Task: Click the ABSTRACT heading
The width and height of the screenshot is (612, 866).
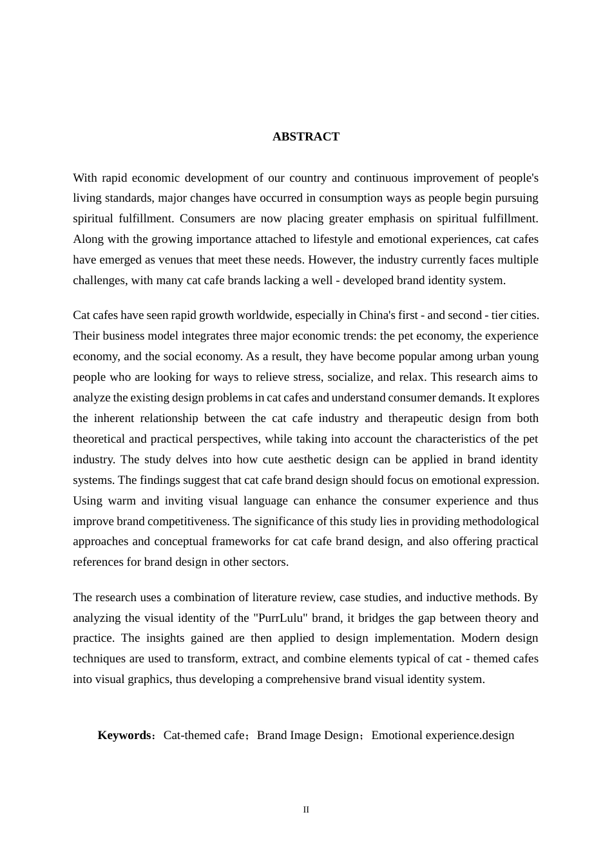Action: point(305,137)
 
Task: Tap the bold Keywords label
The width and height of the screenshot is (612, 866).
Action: point(124,735)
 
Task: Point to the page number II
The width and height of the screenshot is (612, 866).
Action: point(306,810)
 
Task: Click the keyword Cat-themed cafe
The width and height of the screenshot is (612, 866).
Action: point(204,735)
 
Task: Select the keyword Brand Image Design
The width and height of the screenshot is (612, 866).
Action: point(307,735)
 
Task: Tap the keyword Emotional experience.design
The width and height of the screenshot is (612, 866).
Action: point(443,735)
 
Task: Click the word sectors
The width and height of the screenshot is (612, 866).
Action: point(271,562)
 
